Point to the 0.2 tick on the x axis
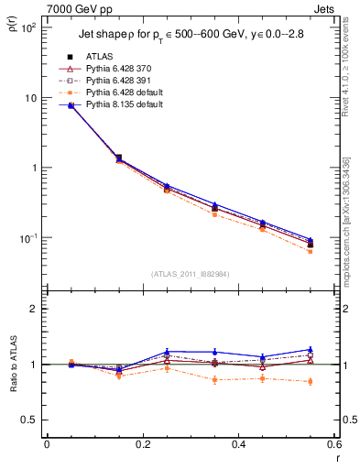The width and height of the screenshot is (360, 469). click(x=142, y=444)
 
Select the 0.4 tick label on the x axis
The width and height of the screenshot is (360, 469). click(x=238, y=444)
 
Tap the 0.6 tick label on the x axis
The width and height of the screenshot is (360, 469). click(x=333, y=444)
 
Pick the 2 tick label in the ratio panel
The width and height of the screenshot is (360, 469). click(x=35, y=309)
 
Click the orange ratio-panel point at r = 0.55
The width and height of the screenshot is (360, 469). click(x=310, y=381)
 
